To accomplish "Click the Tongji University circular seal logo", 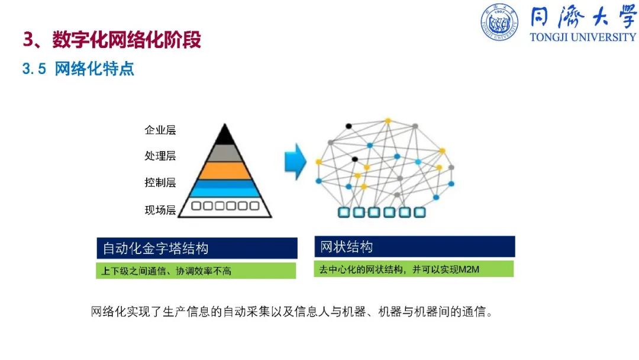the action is (x=499, y=22).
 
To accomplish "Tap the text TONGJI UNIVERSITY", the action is (x=583, y=37).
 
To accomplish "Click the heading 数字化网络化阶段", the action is (x=127, y=40).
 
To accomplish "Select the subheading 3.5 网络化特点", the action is (x=78, y=69).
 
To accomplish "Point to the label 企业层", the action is (x=160, y=130).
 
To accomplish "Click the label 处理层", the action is (x=160, y=156).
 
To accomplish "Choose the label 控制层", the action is (x=160, y=182).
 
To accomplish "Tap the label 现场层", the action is (x=160, y=210).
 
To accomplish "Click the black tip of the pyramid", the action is (x=225, y=136).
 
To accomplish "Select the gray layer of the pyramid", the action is (x=225, y=153).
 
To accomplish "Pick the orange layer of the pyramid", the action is (x=225, y=171).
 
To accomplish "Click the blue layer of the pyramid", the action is (x=225, y=188).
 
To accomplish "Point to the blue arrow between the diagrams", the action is (x=295, y=162).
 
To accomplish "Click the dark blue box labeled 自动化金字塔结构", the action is (x=197, y=248).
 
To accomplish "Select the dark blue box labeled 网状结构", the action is (x=415, y=246).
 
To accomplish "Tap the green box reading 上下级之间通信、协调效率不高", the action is (x=196, y=271).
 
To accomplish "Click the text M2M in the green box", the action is (x=469, y=269).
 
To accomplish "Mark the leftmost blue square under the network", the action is (x=344, y=212).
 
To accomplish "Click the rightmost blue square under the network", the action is (x=419, y=212).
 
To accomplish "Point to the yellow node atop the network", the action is (x=388, y=121).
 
